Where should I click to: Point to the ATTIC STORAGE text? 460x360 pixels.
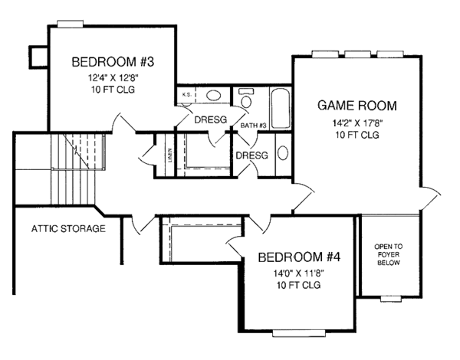68,228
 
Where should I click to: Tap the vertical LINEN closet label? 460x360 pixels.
169,155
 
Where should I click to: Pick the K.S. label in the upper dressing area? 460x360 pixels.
187,95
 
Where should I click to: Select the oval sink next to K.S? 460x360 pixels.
215,96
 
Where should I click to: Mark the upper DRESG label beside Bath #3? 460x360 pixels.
209,119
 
